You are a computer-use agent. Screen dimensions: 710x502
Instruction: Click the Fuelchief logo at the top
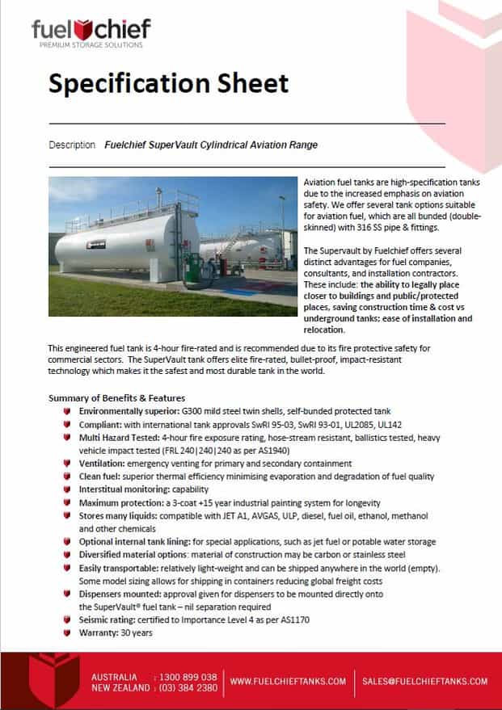91,30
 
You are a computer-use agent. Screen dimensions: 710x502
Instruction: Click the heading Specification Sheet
168,83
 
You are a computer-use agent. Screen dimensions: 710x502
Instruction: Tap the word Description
72,145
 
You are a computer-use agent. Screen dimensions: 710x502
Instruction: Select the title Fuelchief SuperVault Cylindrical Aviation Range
211,145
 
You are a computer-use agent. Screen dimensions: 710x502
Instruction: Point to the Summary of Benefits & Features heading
117,397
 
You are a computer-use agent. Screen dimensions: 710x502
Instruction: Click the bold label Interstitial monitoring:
129,489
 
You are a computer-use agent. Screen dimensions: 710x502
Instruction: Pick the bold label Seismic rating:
112,620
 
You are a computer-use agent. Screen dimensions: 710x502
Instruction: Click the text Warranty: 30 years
116,632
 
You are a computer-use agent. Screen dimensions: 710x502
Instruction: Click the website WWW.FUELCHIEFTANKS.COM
288,682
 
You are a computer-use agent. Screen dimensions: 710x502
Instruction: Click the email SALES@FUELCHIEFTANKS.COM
424,682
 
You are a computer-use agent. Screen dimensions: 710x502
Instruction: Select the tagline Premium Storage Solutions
91,45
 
